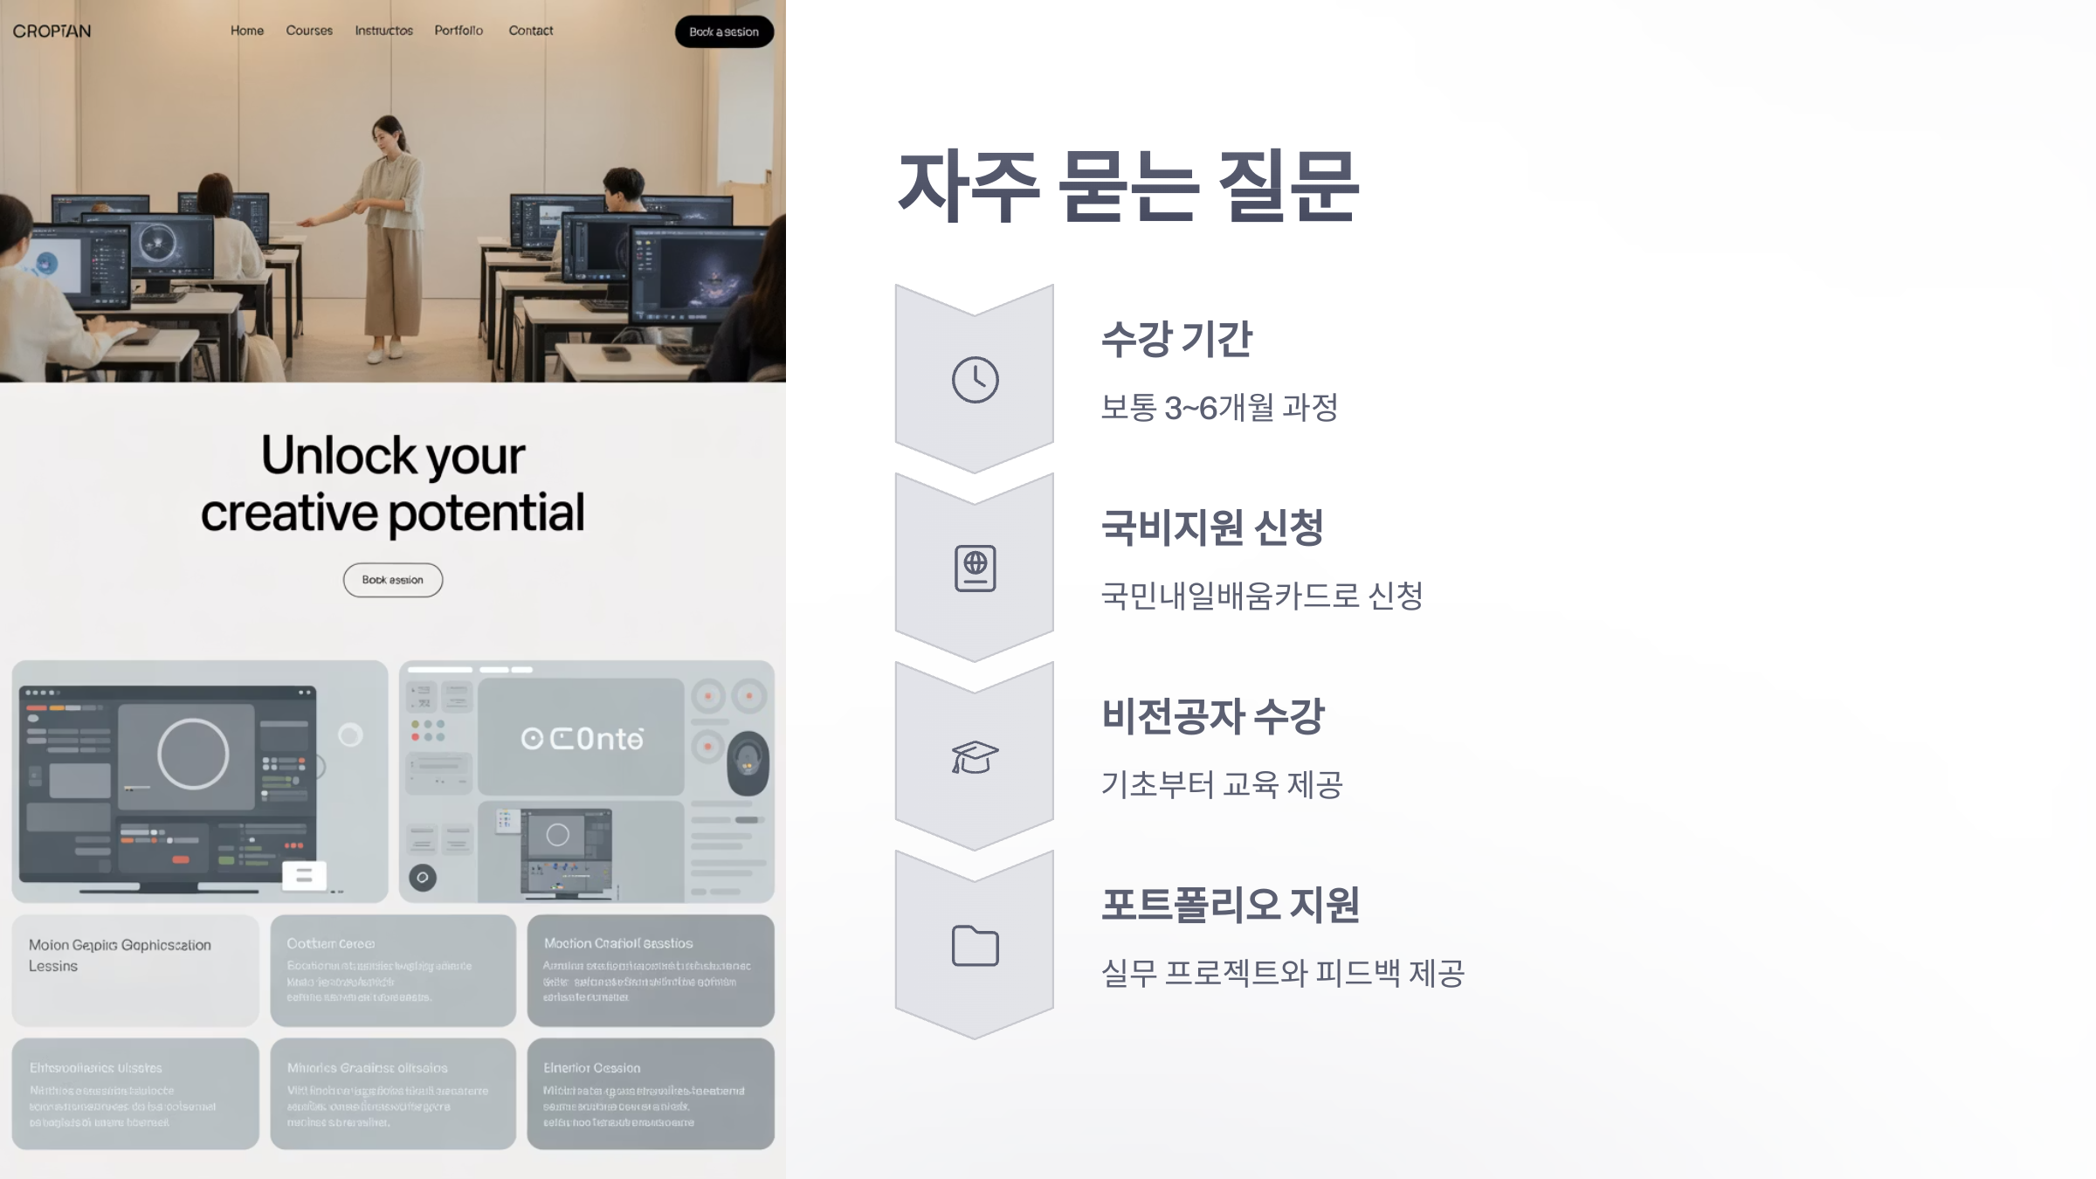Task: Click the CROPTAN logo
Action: pos(52,31)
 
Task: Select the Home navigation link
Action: pos(247,31)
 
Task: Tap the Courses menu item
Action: pos(309,31)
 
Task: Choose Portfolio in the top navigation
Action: pos(458,31)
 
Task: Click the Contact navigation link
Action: pos(531,31)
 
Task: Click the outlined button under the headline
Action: pos(393,580)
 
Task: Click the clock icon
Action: pos(975,380)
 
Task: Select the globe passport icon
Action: pos(975,569)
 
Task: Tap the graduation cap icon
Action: pos(975,757)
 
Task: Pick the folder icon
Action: pos(975,946)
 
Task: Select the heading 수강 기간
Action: pos(1176,339)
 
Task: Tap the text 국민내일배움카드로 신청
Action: pos(1262,596)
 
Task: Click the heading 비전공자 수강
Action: pos(1212,716)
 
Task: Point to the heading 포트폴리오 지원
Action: pos(1230,905)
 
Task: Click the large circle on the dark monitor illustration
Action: pos(193,754)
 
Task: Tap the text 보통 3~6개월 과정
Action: pos(1219,407)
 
